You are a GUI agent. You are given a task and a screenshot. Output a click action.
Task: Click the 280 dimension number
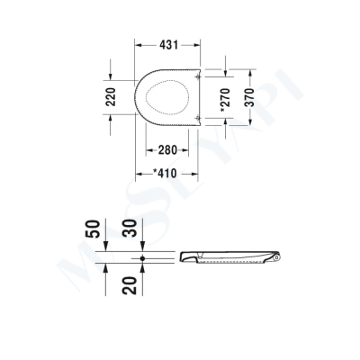(x=163, y=148)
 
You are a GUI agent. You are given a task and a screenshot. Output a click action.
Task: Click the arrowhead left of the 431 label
(x=139, y=42)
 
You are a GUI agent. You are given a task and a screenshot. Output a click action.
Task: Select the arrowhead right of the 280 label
(x=189, y=148)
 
